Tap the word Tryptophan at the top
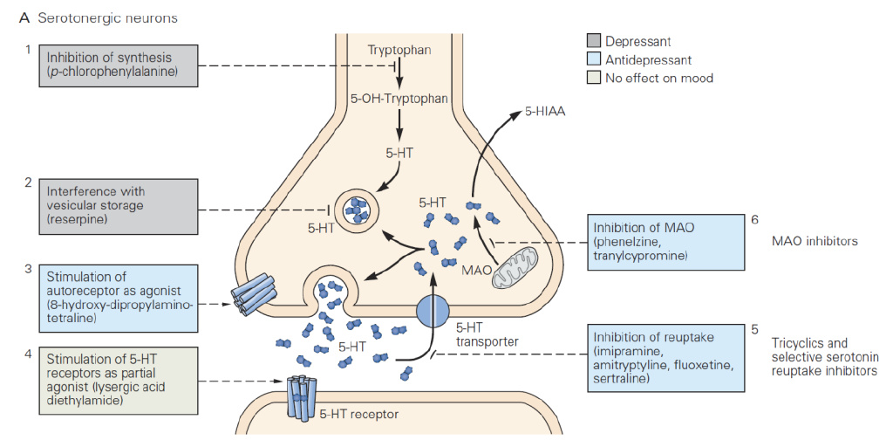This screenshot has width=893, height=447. point(399,51)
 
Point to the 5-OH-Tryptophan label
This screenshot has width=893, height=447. point(399,99)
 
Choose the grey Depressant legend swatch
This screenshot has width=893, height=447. point(594,41)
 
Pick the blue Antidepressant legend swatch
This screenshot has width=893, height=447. point(594,59)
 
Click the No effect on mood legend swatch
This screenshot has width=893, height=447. point(594,78)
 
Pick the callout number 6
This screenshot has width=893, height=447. point(754,219)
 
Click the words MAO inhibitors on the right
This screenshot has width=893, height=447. point(815,239)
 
